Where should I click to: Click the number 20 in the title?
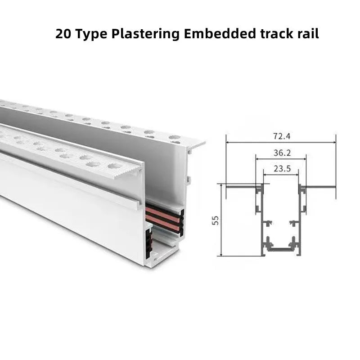click(63, 34)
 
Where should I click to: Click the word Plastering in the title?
click(145, 34)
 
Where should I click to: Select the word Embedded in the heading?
click(220, 33)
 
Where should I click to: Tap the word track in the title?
click(277, 33)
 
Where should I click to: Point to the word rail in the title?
click(308, 33)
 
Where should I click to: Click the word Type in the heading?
click(91, 34)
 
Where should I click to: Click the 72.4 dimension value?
click(282, 136)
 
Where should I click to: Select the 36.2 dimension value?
click(282, 153)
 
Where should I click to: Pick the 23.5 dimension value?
click(282, 169)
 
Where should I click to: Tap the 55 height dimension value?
click(216, 220)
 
